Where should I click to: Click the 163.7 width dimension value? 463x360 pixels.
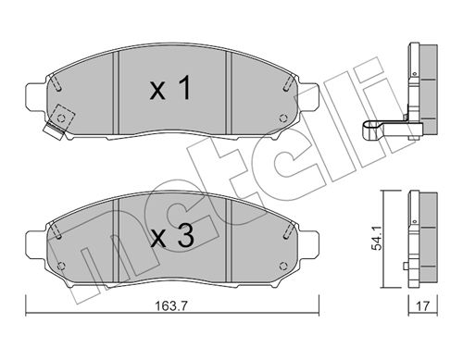click(x=171, y=306)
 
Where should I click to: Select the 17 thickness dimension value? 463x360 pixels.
click(x=423, y=306)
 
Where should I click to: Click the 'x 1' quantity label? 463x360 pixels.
click(x=170, y=89)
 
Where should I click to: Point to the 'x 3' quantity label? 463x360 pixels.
click(x=172, y=237)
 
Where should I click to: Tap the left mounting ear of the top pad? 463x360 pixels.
click(x=36, y=94)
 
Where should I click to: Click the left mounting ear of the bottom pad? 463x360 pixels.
click(x=36, y=243)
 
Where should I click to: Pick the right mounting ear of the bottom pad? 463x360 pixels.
click(x=307, y=243)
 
